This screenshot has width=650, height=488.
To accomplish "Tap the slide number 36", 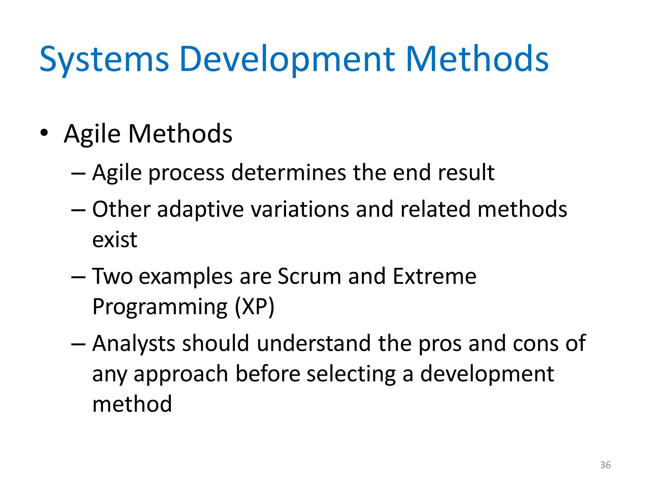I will click(605, 465).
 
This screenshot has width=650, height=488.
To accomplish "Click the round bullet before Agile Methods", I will click(44, 133).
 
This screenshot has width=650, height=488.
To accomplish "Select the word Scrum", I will click(309, 276).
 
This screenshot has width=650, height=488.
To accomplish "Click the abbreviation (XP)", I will click(255, 307).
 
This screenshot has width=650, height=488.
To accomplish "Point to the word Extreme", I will click(434, 276).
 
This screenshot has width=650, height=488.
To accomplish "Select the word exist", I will click(115, 240).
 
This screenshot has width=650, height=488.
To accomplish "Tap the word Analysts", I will click(133, 344).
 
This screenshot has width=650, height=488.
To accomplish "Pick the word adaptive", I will click(200, 210).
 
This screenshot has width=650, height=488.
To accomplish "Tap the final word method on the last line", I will click(132, 404).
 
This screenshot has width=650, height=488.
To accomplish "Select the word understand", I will click(314, 343).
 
